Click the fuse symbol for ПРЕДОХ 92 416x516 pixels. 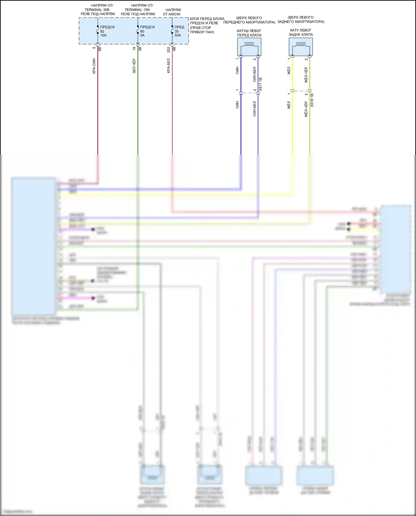pyautogui.click(x=98, y=30)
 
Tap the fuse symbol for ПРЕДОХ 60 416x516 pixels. pyautogui.click(x=138, y=30)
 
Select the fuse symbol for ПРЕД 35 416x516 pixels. pyautogui.click(x=172, y=30)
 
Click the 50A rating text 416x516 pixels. pyautogui.click(x=178, y=35)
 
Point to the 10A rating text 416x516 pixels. pyautogui.click(x=103, y=35)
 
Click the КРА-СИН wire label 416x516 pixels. pyautogui.click(x=94, y=66)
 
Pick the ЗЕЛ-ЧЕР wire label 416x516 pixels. pyautogui.click(x=134, y=66)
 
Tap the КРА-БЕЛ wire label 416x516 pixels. pyautogui.click(x=169, y=66)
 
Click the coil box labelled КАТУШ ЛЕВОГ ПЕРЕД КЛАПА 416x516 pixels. pyautogui.click(x=249, y=47)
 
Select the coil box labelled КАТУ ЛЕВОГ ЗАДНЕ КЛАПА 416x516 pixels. pyautogui.click(x=301, y=47)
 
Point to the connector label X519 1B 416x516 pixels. pyautogui.click(x=312, y=100)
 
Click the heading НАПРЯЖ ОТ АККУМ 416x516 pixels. pyautogui.click(x=172, y=12)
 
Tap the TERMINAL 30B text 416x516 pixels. pyautogui.click(x=97, y=10)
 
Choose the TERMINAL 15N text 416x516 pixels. pyautogui.click(x=137, y=10)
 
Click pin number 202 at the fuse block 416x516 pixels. pyautogui.click(x=169, y=50)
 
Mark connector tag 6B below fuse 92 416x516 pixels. pyautogui.click(x=100, y=49)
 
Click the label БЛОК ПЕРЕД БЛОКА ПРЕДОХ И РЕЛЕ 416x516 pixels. pyautogui.click(x=207, y=21)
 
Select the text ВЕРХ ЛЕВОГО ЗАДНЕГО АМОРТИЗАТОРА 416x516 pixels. pyautogui.click(x=301, y=19)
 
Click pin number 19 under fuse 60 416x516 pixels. pyautogui.click(x=134, y=49)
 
